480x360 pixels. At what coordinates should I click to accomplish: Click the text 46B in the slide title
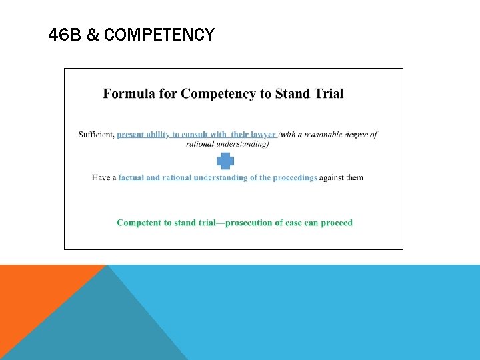point(64,35)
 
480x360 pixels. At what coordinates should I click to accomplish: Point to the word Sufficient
point(96,135)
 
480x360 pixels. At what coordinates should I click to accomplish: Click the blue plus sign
point(225,161)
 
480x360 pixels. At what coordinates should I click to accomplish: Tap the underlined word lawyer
point(261,135)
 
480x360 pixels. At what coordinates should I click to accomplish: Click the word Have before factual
point(100,177)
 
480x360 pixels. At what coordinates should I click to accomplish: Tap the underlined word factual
point(131,177)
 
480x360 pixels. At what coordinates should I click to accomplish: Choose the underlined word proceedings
point(293,177)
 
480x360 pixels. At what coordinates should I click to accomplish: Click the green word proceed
point(337,223)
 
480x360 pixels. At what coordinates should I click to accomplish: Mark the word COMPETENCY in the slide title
point(160,35)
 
